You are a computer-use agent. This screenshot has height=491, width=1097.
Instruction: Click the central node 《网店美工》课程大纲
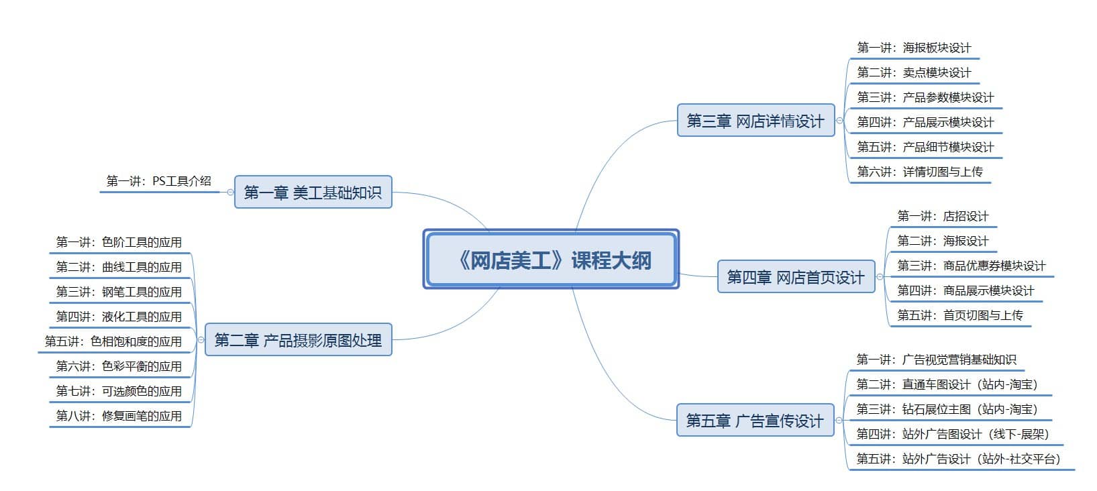coord(551,259)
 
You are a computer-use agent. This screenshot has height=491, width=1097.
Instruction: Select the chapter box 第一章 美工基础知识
coord(313,192)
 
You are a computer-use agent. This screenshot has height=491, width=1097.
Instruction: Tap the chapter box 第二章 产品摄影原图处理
coord(299,339)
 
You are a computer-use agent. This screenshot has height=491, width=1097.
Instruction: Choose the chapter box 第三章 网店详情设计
coord(755,120)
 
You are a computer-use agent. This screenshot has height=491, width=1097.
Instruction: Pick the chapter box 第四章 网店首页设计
coord(796,276)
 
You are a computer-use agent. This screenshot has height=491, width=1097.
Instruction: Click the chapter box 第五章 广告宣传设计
coord(755,420)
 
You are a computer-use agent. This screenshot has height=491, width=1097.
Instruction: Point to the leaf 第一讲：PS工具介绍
coord(158,181)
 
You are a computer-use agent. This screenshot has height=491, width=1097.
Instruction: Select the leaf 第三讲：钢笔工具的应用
coord(119,292)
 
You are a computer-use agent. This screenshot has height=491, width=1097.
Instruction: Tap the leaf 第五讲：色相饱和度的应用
coord(113,341)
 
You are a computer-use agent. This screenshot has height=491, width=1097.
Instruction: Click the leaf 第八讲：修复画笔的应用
coord(119,416)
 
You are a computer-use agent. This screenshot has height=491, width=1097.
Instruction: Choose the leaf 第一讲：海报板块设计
coord(914,48)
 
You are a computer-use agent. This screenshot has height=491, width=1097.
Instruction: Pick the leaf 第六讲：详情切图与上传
coord(920,171)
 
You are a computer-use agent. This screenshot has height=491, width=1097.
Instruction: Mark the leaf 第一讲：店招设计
coord(943,216)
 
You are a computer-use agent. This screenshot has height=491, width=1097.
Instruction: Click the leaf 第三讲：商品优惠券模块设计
coord(971,266)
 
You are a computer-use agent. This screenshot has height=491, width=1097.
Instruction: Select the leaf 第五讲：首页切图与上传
coord(960,315)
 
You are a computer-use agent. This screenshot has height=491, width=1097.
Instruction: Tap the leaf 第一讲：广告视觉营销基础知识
coord(937,360)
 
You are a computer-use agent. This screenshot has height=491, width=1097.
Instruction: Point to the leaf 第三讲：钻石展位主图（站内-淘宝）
coord(947,408)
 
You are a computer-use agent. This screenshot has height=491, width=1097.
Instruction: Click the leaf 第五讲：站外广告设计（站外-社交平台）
coord(958,458)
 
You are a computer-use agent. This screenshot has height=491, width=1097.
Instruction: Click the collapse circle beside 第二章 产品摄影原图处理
coord(201,339)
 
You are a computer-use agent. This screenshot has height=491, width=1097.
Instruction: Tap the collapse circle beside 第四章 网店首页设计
coord(880,276)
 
